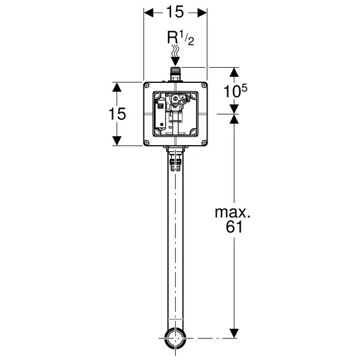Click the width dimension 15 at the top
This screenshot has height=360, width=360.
pos(175,13)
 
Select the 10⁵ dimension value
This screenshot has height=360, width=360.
pos(236,91)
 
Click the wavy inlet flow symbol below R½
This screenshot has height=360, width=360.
pos(175,58)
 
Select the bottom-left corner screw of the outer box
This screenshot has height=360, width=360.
pos(147,142)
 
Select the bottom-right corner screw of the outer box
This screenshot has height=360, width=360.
pos(203,142)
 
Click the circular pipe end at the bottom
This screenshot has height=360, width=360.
pos(175,338)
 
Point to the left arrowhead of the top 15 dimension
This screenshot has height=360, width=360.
pos(148,13)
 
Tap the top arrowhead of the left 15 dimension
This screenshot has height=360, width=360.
pos(118,86)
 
